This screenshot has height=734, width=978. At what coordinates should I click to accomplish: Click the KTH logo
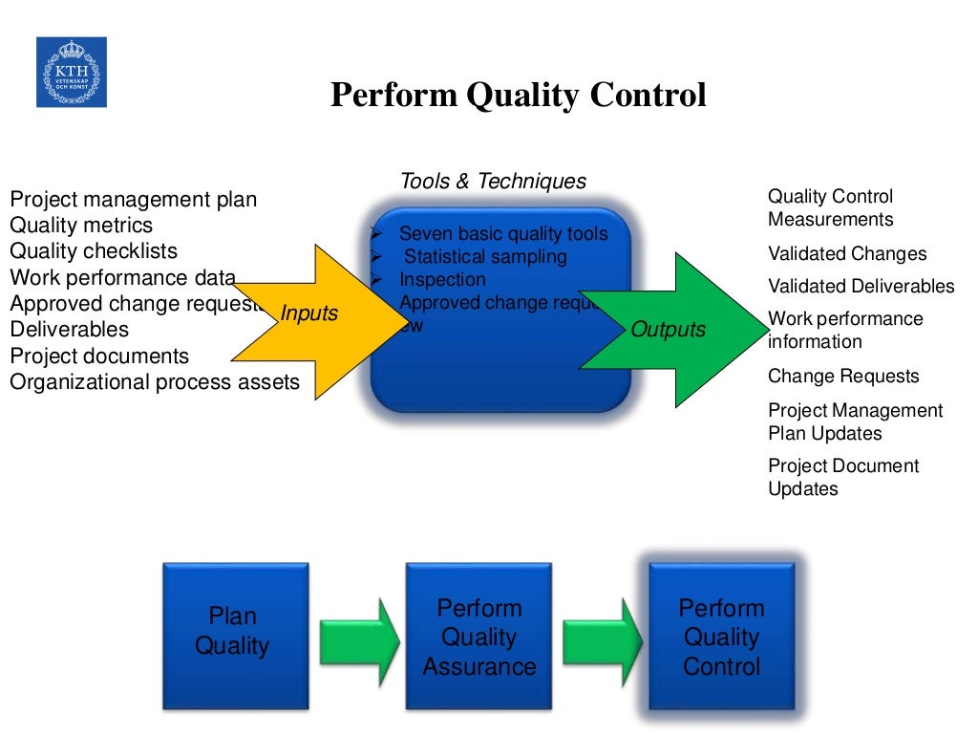(x=72, y=72)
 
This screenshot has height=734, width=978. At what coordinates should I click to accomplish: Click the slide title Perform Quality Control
(x=518, y=96)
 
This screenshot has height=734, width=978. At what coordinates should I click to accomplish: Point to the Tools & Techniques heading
(x=493, y=182)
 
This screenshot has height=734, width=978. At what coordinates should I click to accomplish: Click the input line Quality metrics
(x=81, y=226)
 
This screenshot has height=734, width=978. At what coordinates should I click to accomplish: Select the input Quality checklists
(x=94, y=251)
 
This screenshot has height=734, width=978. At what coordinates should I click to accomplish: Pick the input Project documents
(x=99, y=356)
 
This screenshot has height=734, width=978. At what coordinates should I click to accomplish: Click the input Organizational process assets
(x=155, y=382)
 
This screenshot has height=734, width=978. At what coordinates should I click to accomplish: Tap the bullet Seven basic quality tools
(x=502, y=234)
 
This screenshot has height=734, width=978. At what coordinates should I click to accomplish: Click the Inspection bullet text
(x=442, y=279)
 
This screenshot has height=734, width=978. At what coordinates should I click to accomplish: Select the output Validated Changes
(x=847, y=253)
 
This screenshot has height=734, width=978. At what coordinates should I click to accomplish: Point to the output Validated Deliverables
(x=861, y=286)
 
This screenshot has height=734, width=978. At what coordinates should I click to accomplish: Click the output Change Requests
(x=843, y=376)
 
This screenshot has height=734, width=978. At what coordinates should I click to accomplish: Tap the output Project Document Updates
(x=843, y=477)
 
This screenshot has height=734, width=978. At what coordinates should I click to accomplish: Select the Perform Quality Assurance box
(x=478, y=636)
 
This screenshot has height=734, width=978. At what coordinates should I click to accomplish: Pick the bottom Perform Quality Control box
(x=721, y=636)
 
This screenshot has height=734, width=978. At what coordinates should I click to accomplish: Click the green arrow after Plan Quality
(x=359, y=636)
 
